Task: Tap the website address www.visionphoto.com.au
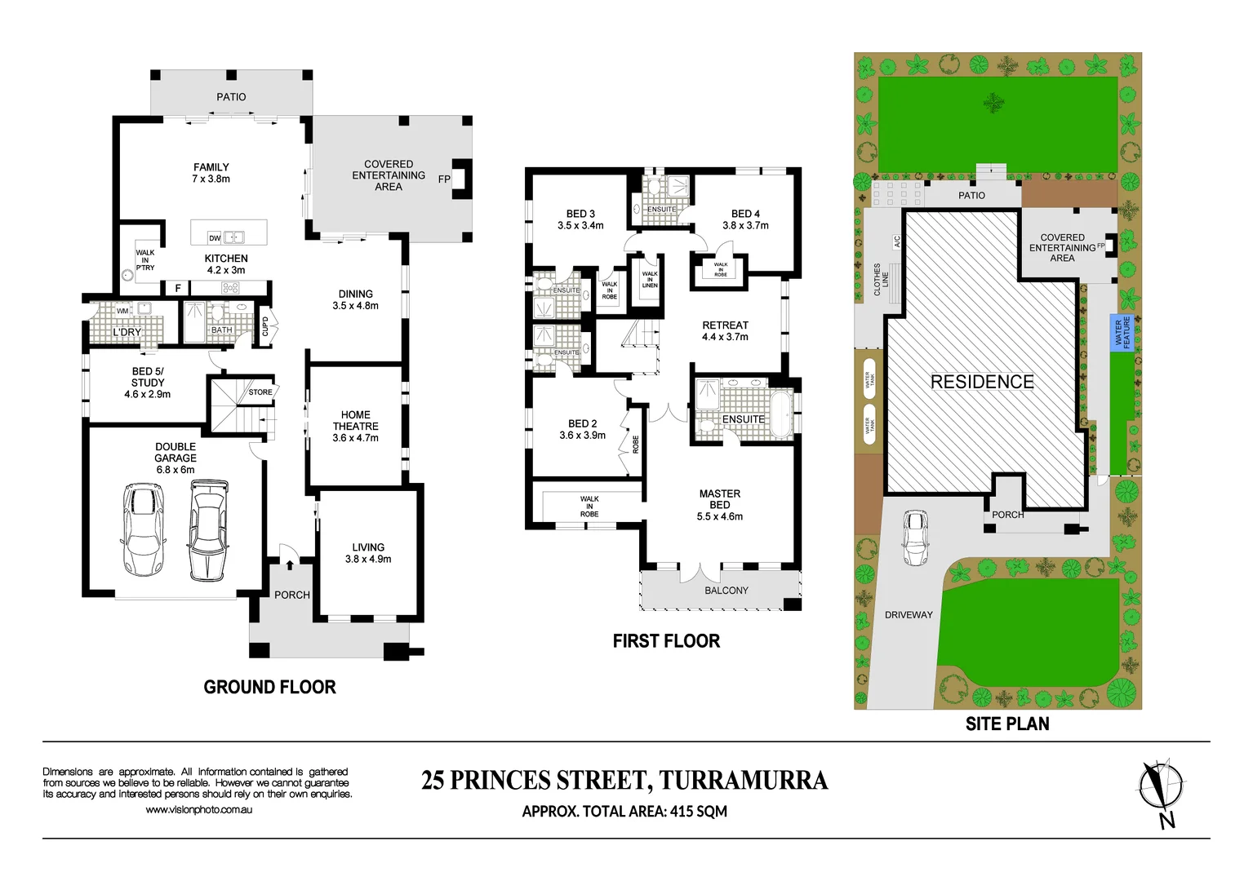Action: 198,810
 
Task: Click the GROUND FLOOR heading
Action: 269,687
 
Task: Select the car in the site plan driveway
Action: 915,538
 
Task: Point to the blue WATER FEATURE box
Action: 1122,333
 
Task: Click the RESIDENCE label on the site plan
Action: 982,382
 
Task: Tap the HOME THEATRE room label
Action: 355,426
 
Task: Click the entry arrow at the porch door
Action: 290,564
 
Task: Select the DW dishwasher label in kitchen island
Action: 215,238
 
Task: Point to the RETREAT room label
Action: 725,330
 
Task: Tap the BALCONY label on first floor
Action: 726,591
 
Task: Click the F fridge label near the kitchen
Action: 178,288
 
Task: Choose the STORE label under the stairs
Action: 260,392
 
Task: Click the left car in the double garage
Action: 142,529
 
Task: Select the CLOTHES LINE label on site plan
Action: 882,279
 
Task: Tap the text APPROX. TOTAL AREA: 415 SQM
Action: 624,812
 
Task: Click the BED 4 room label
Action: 745,219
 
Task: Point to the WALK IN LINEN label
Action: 650,280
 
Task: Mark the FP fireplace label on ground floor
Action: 444,179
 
